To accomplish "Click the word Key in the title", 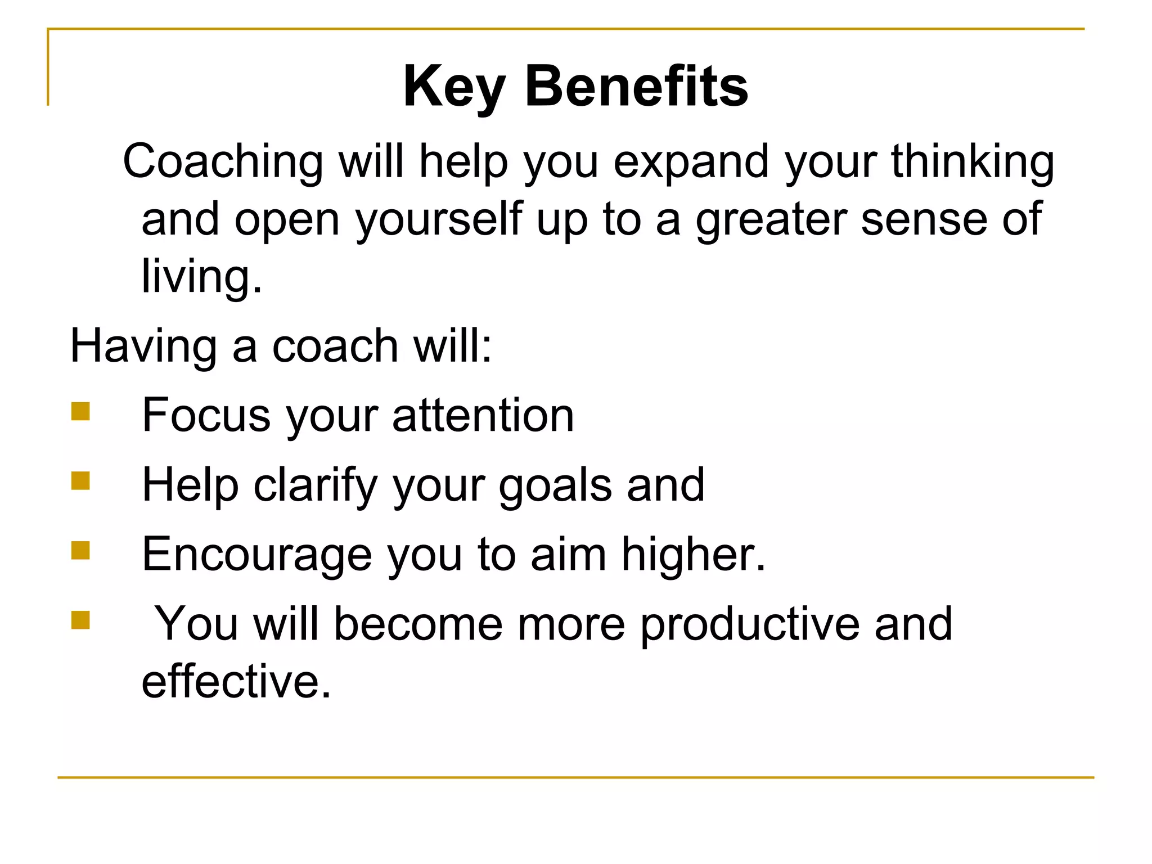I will (x=454, y=87).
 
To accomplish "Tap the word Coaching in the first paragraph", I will (x=223, y=162).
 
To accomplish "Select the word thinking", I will (x=973, y=162).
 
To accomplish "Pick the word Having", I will (x=143, y=346).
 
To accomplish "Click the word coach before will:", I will (x=335, y=346).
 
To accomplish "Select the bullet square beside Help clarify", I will (x=80, y=481).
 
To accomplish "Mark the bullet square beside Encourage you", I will (x=80, y=551).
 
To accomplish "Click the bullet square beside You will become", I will (x=80, y=620).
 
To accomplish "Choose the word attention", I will (x=483, y=416).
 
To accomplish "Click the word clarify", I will (x=316, y=485).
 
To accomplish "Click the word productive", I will (x=750, y=624).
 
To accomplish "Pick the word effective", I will (x=236, y=682).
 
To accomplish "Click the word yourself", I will (x=439, y=220).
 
